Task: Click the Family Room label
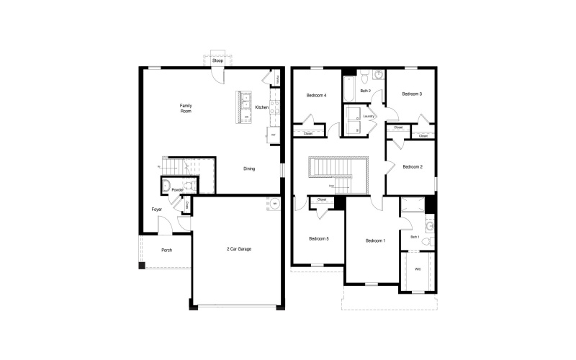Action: (x=186, y=109)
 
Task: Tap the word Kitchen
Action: (x=261, y=107)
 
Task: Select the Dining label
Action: (x=249, y=168)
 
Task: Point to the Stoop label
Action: (x=217, y=61)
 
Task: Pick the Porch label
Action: (x=166, y=250)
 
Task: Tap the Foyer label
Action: (x=156, y=210)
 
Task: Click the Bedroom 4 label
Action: (x=316, y=96)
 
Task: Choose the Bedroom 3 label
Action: (x=411, y=94)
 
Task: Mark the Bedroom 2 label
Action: (x=412, y=167)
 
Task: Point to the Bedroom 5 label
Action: (x=318, y=239)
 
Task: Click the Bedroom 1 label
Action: (x=375, y=240)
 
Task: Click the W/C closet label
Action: (x=418, y=269)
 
